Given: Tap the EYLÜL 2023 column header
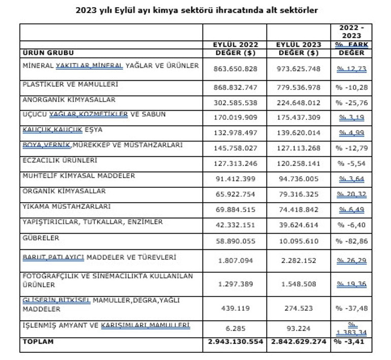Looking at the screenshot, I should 299,45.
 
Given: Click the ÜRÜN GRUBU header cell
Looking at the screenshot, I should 49,52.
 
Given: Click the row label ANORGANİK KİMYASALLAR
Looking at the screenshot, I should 69,100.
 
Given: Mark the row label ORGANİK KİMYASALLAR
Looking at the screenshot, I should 64,191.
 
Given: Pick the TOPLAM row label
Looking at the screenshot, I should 36,342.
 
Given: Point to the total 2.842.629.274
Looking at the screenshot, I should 299,342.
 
